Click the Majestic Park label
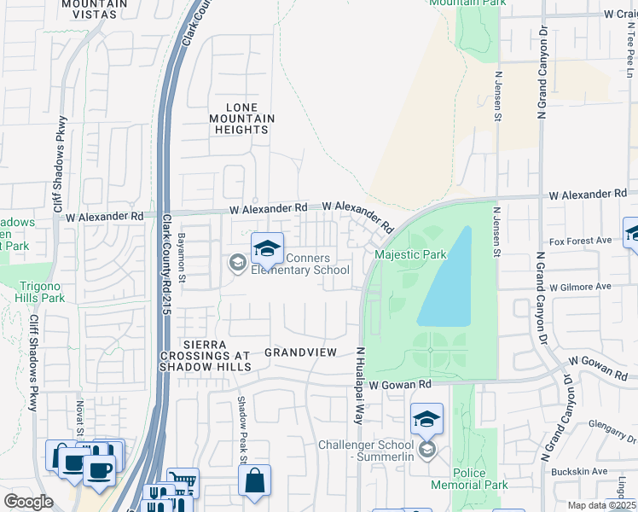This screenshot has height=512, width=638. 411,255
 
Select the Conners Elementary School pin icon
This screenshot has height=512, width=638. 267,248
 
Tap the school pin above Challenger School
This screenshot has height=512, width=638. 426,419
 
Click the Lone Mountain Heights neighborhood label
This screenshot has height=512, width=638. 241,119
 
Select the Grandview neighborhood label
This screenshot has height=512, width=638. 296,352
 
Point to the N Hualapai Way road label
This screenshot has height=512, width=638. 360,386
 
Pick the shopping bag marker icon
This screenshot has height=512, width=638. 255,480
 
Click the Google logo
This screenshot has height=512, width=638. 29,501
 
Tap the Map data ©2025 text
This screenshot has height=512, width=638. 601,505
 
